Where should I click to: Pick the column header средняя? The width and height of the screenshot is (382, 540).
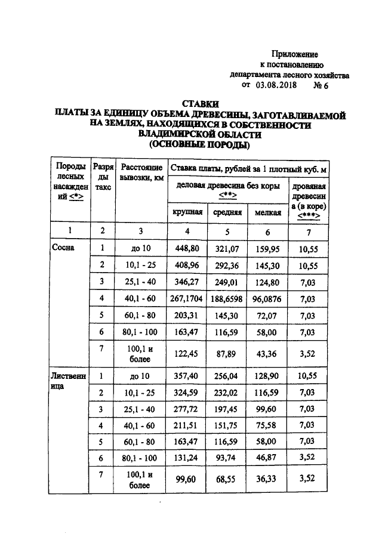(x=227, y=212)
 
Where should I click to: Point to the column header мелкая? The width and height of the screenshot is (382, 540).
(x=267, y=212)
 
